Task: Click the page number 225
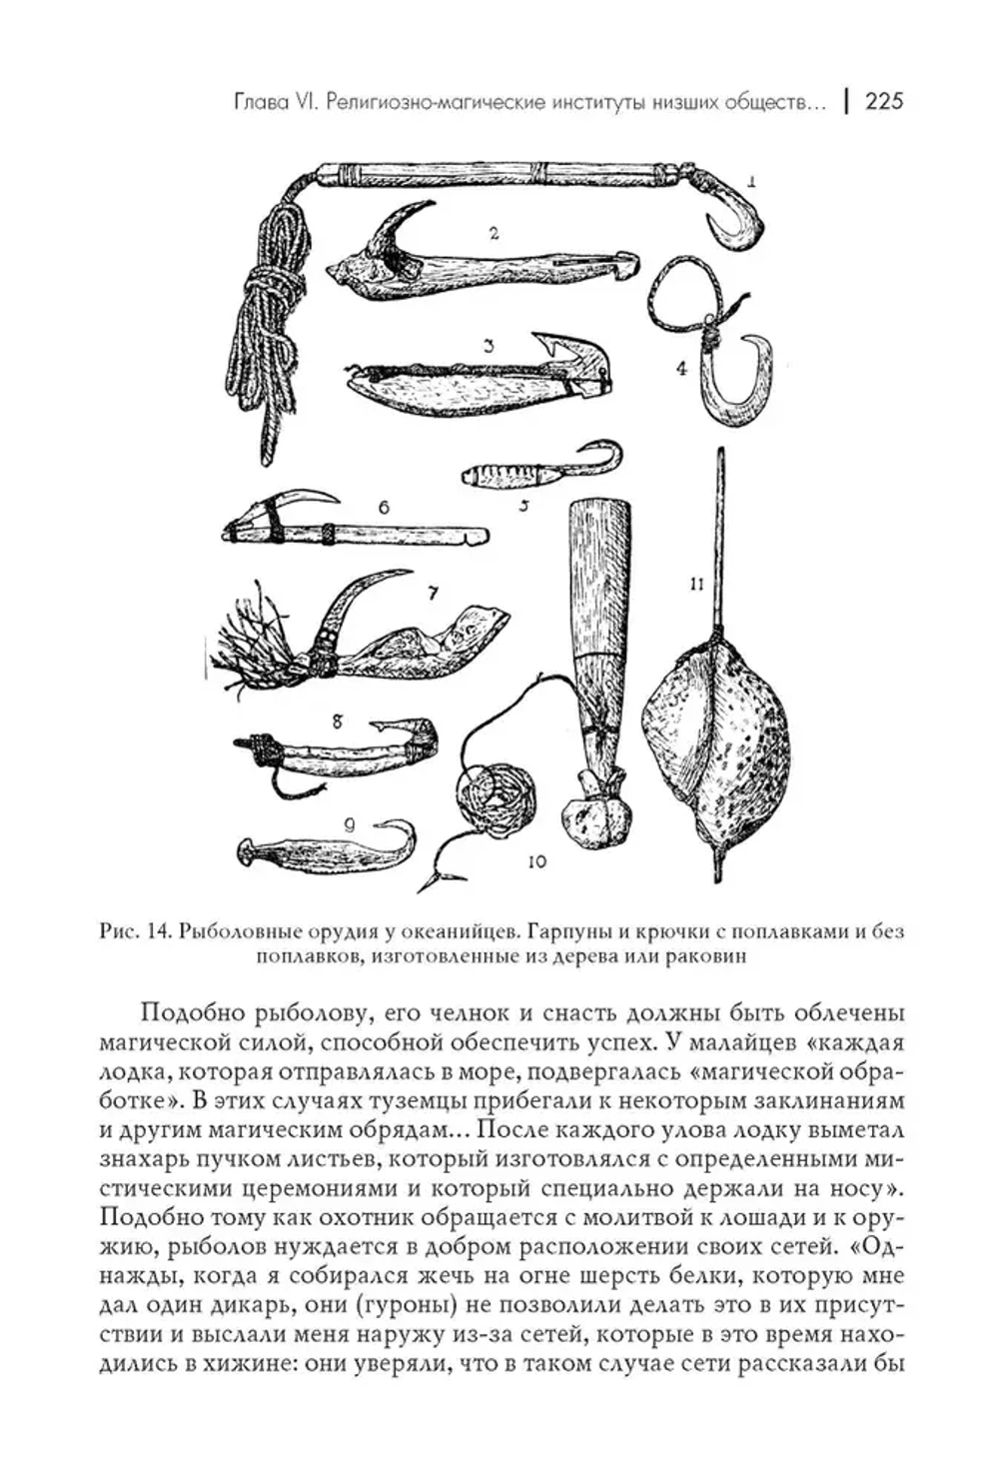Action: point(883,101)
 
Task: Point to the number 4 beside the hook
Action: point(681,368)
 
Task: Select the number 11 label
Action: point(696,585)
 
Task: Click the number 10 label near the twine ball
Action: point(536,860)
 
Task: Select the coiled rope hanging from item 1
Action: point(268,320)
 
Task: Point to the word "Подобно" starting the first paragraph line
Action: point(185,1012)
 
